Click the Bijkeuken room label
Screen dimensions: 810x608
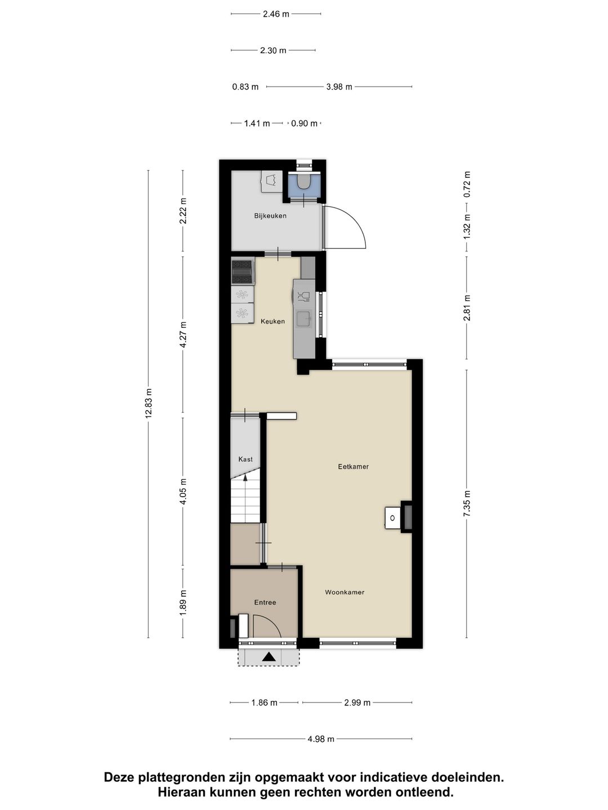coord(270,215)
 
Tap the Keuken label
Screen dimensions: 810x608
coord(272,322)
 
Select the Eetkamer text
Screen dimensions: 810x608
coord(353,466)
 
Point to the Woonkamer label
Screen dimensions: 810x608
coord(345,592)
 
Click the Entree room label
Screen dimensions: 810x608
coord(265,602)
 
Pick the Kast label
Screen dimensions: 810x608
coord(245,460)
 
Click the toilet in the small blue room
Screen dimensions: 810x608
coord(304,182)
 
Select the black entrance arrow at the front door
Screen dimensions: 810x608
coord(269,656)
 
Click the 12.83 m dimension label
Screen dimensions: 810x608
coord(149,403)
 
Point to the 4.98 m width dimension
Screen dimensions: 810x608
coord(321,739)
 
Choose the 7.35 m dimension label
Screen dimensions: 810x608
coord(467,504)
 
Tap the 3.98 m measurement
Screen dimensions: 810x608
coord(339,87)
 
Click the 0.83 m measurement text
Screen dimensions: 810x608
coord(245,87)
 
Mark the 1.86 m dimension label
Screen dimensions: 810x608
coord(264,703)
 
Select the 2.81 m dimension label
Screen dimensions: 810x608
coord(467,308)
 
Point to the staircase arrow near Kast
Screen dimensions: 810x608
coord(245,478)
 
